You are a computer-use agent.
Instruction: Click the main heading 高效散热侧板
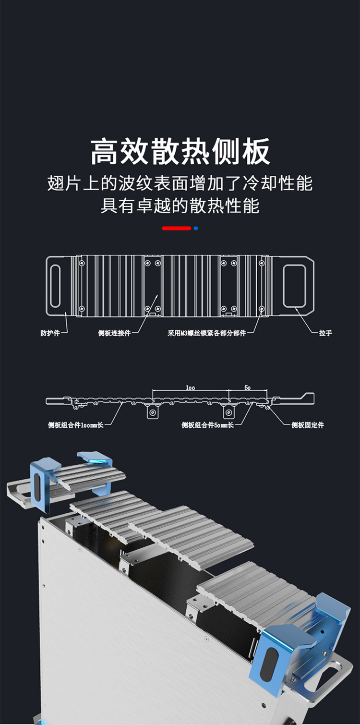[x=180, y=152]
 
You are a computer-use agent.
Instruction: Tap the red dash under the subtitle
[x=176, y=228]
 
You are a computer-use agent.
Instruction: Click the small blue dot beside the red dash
[x=196, y=228]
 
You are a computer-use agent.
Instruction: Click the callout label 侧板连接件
[x=114, y=333]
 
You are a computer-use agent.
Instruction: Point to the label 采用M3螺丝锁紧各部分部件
[x=206, y=333]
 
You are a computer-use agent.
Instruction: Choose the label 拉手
[x=325, y=333]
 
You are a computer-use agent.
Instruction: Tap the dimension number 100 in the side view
[x=191, y=387]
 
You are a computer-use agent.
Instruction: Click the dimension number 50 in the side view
[x=247, y=387]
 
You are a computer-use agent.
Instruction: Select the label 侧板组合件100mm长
[x=75, y=425]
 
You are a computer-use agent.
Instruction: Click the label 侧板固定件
[x=308, y=425]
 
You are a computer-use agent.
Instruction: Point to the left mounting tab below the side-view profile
[x=153, y=412]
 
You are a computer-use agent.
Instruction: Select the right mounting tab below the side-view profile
[x=228, y=412]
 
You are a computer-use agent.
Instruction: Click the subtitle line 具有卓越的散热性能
[x=180, y=205]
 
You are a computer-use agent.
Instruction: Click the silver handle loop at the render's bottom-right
[x=336, y=672]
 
